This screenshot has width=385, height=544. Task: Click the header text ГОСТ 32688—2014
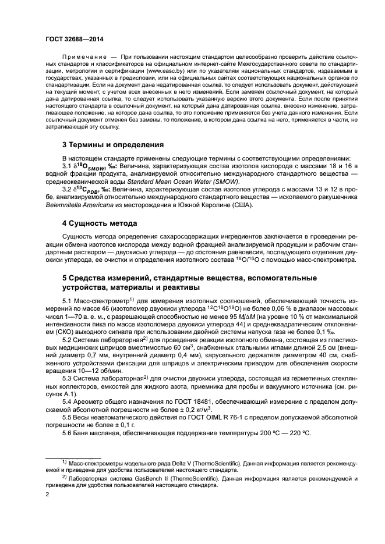pos(69,38)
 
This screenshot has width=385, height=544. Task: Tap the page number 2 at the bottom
pos(48,495)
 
